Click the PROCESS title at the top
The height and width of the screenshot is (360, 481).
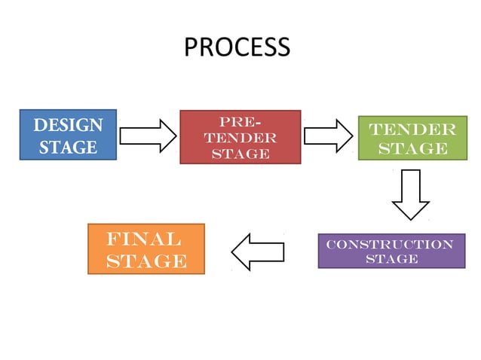[236, 47]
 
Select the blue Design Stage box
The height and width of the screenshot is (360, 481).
[68, 135]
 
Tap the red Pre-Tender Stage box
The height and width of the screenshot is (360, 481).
[240, 137]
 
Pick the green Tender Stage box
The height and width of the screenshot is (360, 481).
[412, 138]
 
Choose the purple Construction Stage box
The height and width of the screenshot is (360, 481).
[391, 251]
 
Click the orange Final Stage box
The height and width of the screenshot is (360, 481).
[146, 249]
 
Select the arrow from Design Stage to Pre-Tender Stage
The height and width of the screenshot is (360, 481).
[148, 136]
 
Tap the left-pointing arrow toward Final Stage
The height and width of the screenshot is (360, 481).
[258, 251]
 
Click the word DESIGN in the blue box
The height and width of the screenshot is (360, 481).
[68, 124]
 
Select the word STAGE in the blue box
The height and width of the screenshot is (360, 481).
[68, 146]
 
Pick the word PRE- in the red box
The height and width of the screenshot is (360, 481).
[240, 121]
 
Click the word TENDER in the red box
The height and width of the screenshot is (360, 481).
[240, 138]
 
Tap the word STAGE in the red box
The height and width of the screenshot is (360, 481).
[240, 154]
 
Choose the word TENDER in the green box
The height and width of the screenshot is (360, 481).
[412, 129]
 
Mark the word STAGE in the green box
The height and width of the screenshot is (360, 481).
[412, 148]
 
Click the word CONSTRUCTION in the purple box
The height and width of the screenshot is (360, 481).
[391, 244]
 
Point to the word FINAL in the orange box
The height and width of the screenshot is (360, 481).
[143, 239]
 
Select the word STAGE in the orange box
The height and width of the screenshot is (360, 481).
[146, 261]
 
